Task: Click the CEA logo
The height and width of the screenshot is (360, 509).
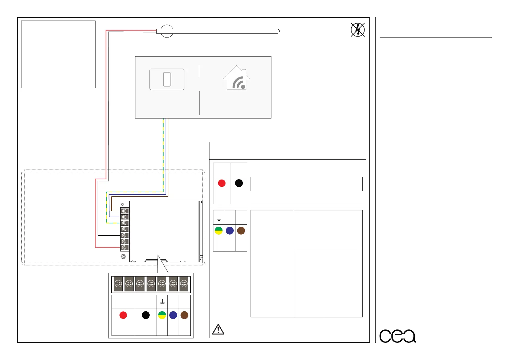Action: [x=397, y=336]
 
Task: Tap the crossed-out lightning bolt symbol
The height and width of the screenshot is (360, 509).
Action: [x=358, y=30]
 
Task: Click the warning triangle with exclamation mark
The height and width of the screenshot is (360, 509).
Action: [x=218, y=329]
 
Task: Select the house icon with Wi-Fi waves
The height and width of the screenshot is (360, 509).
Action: [x=237, y=78]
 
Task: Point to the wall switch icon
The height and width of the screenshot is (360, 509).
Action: [x=167, y=79]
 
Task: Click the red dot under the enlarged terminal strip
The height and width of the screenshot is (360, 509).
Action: [x=123, y=315]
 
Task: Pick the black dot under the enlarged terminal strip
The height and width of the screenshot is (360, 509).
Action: [x=146, y=315]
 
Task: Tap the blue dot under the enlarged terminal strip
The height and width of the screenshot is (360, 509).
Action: [x=173, y=315]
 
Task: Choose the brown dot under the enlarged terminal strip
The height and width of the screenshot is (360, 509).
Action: [x=184, y=315]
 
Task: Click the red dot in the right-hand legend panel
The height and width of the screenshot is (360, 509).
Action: [x=222, y=183]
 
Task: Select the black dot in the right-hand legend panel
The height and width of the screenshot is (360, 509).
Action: [x=239, y=183]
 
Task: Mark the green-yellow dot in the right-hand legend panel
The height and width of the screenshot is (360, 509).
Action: [x=219, y=231]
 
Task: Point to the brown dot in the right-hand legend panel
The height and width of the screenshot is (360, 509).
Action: [x=241, y=231]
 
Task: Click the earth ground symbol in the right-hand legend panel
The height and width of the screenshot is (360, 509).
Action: [x=219, y=218]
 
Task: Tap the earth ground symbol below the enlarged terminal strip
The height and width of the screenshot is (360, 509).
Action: [x=162, y=302]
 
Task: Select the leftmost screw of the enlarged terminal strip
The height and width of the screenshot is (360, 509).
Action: [x=118, y=284]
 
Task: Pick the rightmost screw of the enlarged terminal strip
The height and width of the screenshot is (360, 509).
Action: [x=184, y=284]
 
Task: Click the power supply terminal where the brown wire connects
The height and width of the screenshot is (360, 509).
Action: [x=124, y=211]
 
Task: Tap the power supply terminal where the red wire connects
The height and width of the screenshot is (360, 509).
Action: [x=124, y=247]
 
